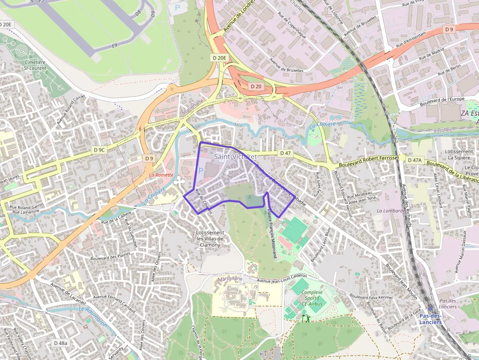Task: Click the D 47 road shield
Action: [285, 153]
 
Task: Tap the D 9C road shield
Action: [99, 150]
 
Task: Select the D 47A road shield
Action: [414, 160]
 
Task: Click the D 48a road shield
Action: [61, 343]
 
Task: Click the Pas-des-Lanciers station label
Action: [431, 319]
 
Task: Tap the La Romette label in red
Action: [161, 175]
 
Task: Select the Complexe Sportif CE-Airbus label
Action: [312, 298]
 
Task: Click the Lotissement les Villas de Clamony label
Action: [210, 239]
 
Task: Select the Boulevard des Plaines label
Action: [110, 255]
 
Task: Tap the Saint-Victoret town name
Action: [235, 156]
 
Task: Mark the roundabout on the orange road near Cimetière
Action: [172, 89]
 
